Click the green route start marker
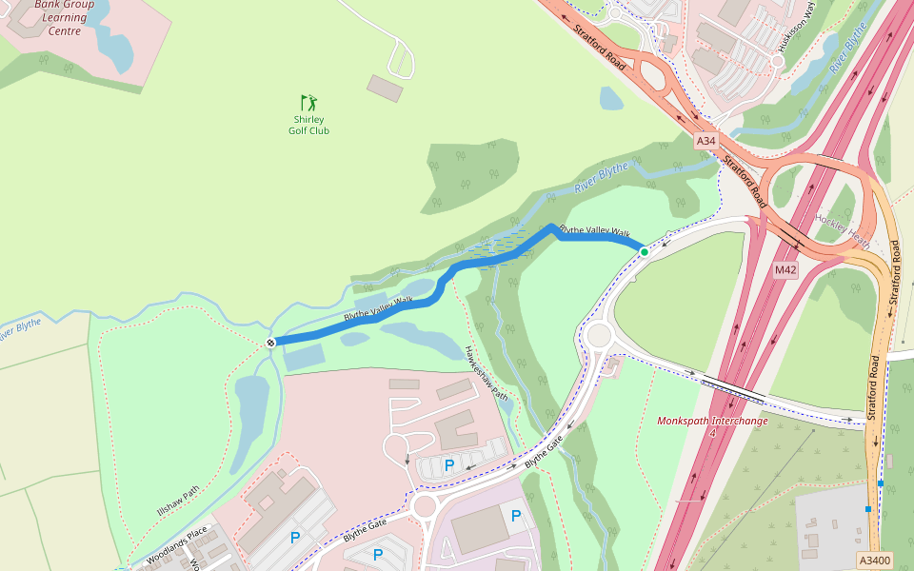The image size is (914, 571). pyautogui.click(x=644, y=251)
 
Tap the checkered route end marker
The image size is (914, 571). pyautogui.click(x=271, y=343)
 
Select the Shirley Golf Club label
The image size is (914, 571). pyautogui.click(x=308, y=125)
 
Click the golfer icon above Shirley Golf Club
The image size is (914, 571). pyautogui.click(x=308, y=102)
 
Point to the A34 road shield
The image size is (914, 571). pyautogui.click(x=705, y=141)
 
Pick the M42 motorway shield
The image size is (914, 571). pyautogui.click(x=785, y=270)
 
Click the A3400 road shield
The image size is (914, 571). pyautogui.click(x=874, y=561)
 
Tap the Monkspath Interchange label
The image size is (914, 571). pyautogui.click(x=712, y=420)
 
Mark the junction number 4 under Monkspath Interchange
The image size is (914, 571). pyautogui.click(x=711, y=433)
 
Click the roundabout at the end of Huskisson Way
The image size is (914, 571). pyautogui.click(x=777, y=61)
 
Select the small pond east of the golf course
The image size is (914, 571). pyautogui.click(x=611, y=98)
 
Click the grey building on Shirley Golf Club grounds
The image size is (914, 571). pyautogui.click(x=385, y=89)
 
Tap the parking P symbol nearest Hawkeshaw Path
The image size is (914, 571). pyautogui.click(x=448, y=465)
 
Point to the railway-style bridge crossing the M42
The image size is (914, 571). pyautogui.click(x=733, y=387)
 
